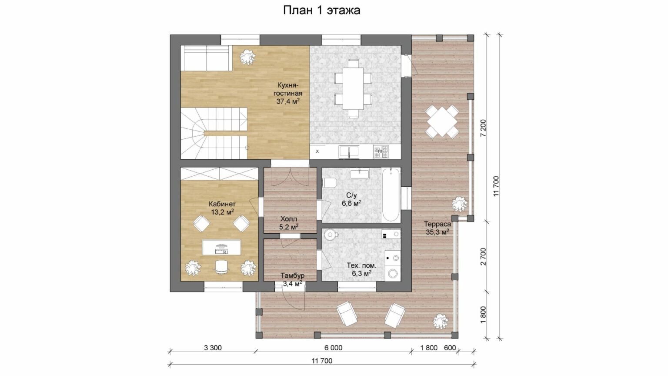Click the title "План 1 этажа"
click(x=321, y=10)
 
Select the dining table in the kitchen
click(x=353, y=89)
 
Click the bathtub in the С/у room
click(x=391, y=195)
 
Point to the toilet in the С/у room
click(x=330, y=182)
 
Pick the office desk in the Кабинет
click(x=221, y=247)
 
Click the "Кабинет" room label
click(x=222, y=204)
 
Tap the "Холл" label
click(x=289, y=219)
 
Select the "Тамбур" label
click(x=292, y=275)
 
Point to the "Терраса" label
click(x=438, y=224)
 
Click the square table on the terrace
click(x=442, y=121)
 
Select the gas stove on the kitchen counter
click(x=381, y=151)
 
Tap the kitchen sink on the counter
click(x=349, y=152)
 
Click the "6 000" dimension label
click(x=333, y=348)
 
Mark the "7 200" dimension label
click(x=483, y=128)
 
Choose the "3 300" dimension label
click(x=213, y=348)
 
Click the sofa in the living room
click(x=207, y=58)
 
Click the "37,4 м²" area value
click(x=288, y=101)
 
